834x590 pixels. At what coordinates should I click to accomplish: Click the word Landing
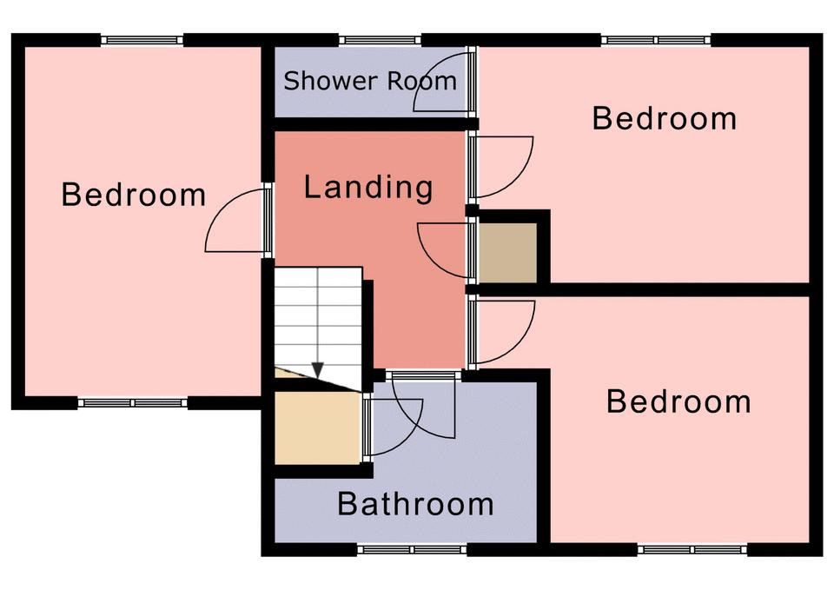368,189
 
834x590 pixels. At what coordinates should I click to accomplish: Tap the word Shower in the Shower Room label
331,81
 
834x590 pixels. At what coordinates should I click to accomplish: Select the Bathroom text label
415,503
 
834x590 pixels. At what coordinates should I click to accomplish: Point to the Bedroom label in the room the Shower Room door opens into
665,118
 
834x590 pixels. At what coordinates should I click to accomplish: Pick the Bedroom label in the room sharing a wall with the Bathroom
678,401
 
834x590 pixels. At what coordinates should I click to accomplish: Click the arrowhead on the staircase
318,370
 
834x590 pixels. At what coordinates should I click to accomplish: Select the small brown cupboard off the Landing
508,252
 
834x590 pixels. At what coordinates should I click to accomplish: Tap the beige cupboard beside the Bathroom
318,428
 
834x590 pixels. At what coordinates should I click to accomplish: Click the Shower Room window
380,40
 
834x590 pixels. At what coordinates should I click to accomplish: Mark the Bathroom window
412,549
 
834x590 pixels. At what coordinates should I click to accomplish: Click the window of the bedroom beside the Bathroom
692,549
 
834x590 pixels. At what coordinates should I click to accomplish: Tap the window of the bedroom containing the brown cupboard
656,40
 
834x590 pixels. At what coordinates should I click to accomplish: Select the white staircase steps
318,324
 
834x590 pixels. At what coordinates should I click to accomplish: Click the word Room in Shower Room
421,81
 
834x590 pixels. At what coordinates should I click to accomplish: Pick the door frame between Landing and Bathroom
423,375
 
